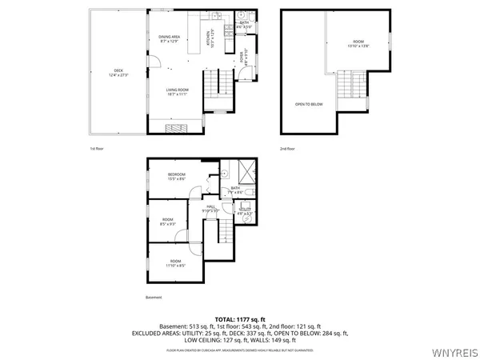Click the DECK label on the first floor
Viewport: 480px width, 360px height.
pyautogui.click(x=118, y=74)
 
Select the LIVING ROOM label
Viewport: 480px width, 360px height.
pyautogui.click(x=177, y=91)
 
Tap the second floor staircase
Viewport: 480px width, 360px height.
pyautogui.click(x=346, y=87)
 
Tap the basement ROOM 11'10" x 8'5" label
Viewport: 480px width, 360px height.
pyautogui.click(x=175, y=263)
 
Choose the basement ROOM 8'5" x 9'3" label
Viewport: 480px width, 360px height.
pyautogui.click(x=168, y=222)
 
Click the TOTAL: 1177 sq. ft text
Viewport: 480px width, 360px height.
pyautogui.click(x=239, y=318)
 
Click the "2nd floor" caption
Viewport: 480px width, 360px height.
pyautogui.click(x=287, y=149)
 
